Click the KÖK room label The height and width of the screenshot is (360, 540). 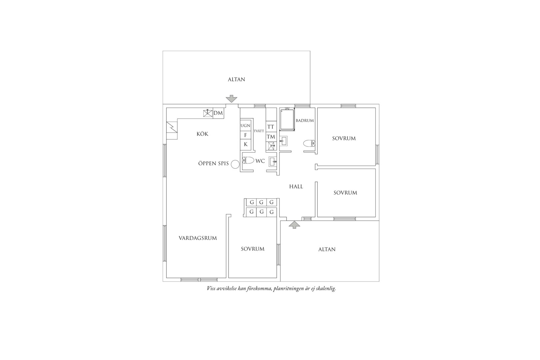202,134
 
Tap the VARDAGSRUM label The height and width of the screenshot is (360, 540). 198,238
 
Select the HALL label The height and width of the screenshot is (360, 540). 296,186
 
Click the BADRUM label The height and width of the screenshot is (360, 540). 305,121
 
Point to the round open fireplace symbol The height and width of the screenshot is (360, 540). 235,164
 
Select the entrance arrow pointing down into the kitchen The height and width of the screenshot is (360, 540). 231,99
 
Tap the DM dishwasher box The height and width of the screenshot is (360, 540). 218,113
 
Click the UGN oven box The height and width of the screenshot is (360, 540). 245,126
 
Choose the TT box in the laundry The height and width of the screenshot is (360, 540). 271,127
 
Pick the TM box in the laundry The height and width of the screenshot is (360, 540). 271,137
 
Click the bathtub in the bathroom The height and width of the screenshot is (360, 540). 287,120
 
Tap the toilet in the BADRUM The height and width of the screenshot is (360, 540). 309,143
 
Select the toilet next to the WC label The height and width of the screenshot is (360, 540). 248,160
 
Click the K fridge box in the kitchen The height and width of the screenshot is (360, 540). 245,144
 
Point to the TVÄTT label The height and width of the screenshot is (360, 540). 259,131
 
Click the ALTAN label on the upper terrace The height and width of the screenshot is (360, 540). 236,79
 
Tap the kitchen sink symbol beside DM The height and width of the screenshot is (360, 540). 208,113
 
